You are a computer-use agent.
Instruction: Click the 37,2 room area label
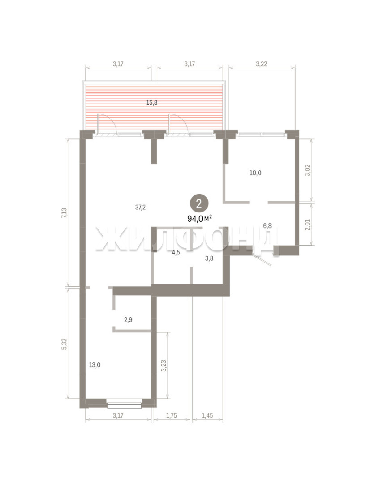[140, 208]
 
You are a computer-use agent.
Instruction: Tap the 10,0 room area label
[255, 173]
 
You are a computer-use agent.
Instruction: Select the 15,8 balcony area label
[151, 102]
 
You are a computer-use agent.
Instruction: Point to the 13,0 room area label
[95, 365]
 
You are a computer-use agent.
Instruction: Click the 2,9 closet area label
[128, 320]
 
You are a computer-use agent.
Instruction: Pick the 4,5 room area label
[176, 253]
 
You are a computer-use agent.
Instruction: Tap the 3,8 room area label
[209, 258]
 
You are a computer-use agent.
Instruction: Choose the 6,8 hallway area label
[267, 225]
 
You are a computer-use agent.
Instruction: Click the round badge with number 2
[199, 203]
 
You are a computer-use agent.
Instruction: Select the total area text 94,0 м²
[200, 219]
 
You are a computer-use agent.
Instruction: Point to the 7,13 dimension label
[64, 213]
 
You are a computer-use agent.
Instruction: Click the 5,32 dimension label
[64, 344]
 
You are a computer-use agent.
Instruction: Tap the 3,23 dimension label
[164, 366]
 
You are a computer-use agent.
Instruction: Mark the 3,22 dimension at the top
[261, 64]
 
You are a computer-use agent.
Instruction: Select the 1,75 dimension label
[172, 415]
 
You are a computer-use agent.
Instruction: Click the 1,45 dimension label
[207, 415]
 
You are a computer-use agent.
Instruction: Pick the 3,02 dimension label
[307, 170]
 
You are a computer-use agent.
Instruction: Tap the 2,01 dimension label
[307, 225]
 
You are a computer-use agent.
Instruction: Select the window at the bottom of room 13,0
[124, 403]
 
